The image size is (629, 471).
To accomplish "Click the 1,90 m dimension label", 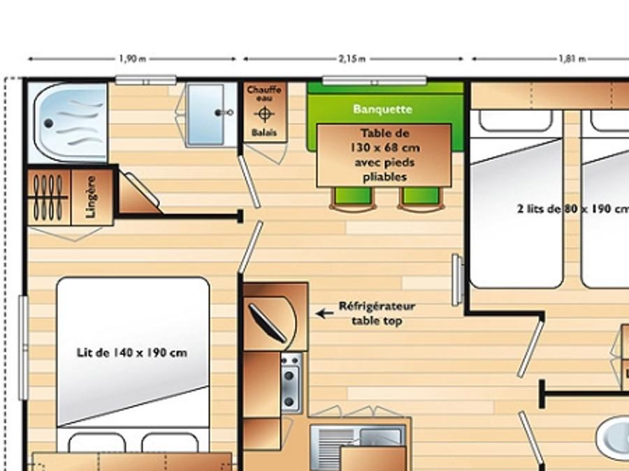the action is pos(132,59).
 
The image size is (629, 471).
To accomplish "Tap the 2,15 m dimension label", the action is pos(352,59).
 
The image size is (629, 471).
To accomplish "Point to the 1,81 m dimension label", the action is pos(572,59).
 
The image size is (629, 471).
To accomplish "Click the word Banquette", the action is pos(382,110).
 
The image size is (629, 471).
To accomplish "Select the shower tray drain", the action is pos(48,124).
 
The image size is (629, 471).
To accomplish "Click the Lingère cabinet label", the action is pos(91,197).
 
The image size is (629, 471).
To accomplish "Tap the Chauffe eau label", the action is pos(264,94).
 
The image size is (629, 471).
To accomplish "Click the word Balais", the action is pos(264,133).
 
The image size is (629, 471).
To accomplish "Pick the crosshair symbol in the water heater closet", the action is pos(264,114).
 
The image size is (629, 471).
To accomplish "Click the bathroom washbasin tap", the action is pos(224,113).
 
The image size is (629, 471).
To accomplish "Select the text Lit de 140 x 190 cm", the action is pos(131,353).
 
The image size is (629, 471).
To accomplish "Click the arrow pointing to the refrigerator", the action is pos(324,313).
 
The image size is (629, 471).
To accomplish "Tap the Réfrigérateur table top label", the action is pos(377,313).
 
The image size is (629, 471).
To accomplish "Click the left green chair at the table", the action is pos(353,199).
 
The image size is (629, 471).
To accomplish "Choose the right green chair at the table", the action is pos(421,199).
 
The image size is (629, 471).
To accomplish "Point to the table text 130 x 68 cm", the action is pos(384,148).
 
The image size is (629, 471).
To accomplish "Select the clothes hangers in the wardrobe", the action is pos(48,197).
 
